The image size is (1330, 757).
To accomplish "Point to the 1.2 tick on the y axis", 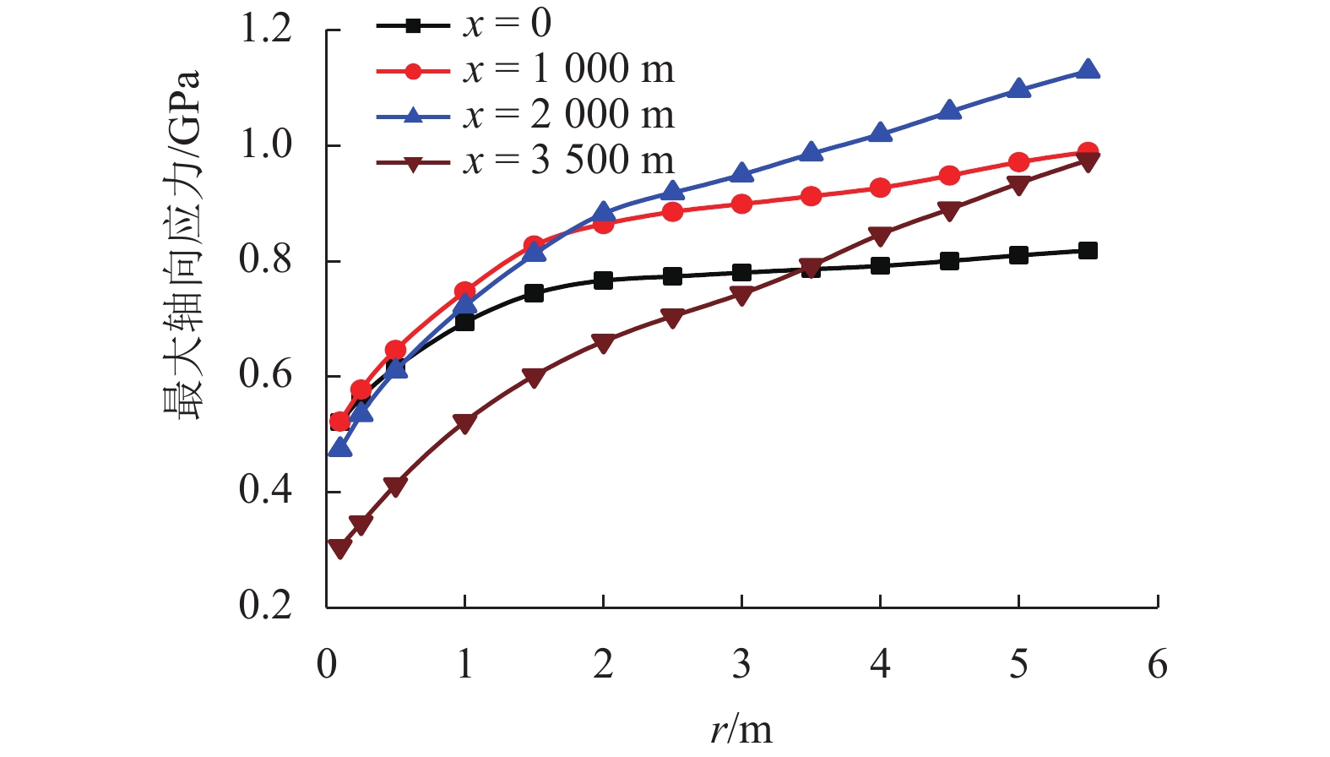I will click(x=266, y=30).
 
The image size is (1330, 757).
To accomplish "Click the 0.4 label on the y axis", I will click(x=266, y=490).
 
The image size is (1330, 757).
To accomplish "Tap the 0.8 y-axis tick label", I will click(x=266, y=260).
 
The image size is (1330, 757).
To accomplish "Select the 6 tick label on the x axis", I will click(x=1157, y=665).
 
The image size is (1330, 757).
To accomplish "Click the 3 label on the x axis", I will click(x=741, y=665).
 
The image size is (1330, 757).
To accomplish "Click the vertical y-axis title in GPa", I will click(x=182, y=245).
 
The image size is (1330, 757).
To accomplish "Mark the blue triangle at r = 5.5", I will click(x=1088, y=69).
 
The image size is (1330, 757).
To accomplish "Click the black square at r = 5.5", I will click(x=1088, y=250).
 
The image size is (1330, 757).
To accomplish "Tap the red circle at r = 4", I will click(x=880, y=188).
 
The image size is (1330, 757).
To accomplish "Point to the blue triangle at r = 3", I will click(x=741, y=173).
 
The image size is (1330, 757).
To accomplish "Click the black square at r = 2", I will click(x=603, y=280).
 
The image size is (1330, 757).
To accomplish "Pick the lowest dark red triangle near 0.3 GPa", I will click(x=339, y=548).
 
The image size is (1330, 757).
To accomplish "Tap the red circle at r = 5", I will click(x=1018, y=162).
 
